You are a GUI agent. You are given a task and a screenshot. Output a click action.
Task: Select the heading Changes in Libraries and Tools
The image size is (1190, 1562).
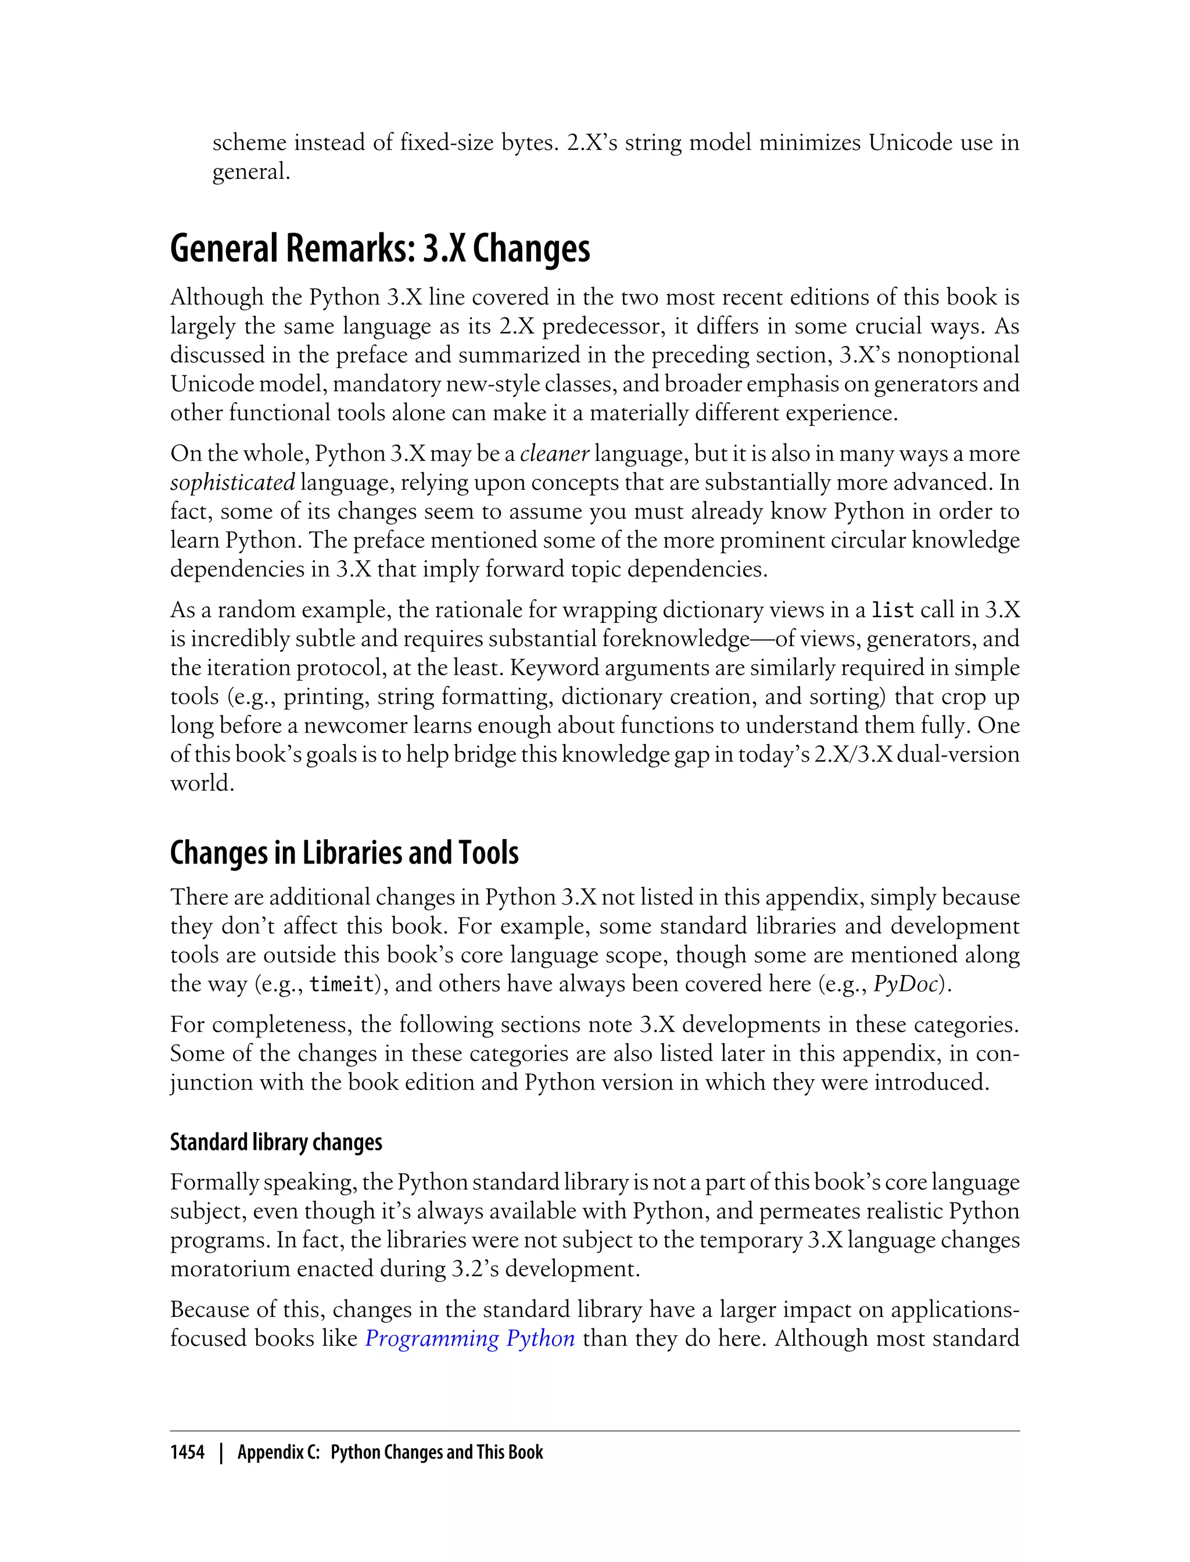tap(344, 853)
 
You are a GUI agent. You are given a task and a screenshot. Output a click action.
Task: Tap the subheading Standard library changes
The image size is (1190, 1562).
tap(275, 1142)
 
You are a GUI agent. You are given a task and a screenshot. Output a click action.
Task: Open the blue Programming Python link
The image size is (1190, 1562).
tap(469, 1338)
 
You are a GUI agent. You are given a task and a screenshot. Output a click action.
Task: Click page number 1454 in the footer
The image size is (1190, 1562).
tap(187, 1452)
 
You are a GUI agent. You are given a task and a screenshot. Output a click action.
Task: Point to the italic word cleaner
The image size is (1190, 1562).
tap(555, 453)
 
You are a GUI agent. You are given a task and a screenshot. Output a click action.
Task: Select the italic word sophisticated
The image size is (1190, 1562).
tap(232, 482)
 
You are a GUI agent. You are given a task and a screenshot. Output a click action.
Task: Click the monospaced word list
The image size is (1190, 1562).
tap(892, 610)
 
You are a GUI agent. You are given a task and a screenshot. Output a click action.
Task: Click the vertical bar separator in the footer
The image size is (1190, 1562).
tap(221, 1452)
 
